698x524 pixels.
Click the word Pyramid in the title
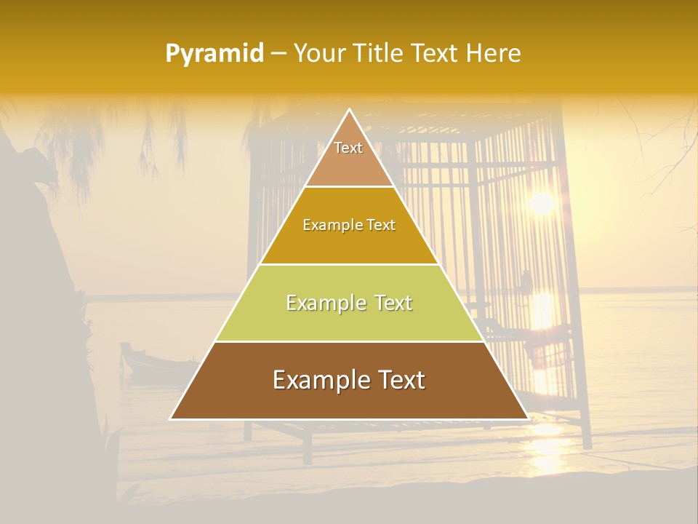click(214, 54)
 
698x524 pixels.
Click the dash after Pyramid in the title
click(278, 54)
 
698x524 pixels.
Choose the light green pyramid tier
click(349, 320)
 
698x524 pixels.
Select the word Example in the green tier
click(323, 303)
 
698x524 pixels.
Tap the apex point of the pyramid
click(349, 111)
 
